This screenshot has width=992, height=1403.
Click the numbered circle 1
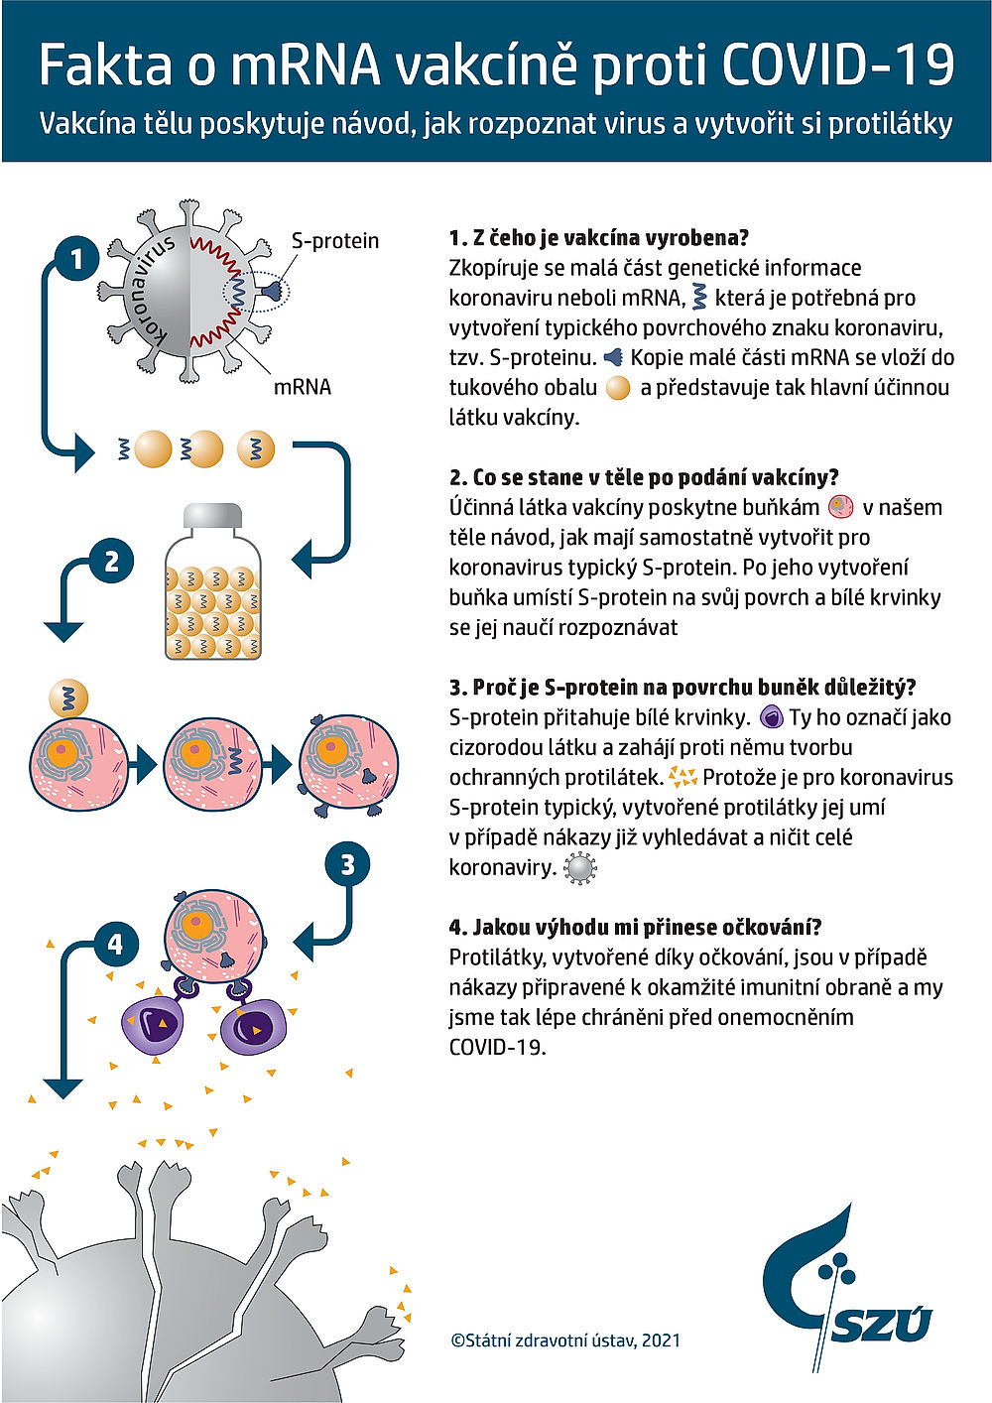click(76, 260)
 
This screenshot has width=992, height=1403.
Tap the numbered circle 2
click(111, 562)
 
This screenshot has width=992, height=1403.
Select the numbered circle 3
click(347, 864)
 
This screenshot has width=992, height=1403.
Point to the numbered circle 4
click(116, 943)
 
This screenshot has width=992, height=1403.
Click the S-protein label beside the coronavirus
click(335, 241)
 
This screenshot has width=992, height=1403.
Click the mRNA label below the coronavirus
click(303, 387)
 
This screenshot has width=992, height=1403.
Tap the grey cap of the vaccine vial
click(213, 517)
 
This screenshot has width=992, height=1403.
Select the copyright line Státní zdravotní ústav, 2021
click(565, 1340)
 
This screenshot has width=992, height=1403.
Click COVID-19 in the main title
click(837, 65)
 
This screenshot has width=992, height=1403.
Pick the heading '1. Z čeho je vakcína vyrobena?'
click(598, 238)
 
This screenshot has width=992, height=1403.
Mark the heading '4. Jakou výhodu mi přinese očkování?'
click(635, 928)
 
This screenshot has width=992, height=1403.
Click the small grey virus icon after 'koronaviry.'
click(579, 868)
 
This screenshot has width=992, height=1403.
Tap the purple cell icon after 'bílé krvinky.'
click(771, 717)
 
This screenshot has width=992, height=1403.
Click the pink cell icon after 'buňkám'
click(840, 508)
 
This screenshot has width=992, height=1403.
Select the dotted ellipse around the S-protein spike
click(256, 291)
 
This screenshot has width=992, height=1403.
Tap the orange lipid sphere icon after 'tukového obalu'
click(618, 388)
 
